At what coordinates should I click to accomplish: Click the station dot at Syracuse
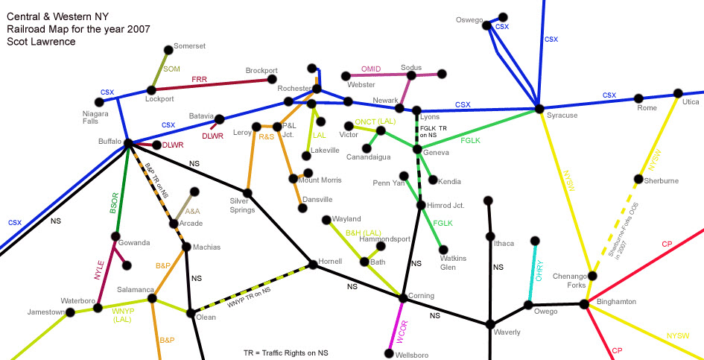539,110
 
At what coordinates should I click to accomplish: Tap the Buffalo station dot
128,143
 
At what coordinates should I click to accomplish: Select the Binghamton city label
616,301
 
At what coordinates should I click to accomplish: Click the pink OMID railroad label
371,69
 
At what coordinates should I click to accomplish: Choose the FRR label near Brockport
199,79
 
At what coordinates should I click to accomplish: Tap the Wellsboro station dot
387,353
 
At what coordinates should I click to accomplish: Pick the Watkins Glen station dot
444,250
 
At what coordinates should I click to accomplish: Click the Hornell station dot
313,263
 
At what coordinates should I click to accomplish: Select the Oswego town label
469,20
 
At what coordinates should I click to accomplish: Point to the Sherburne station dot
638,180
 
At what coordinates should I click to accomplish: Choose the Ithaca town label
504,242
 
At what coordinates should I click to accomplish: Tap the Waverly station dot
489,324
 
